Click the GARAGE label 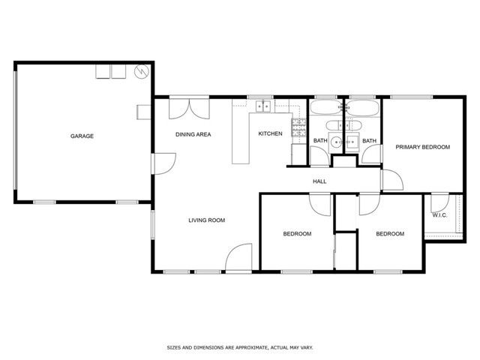point(82,136)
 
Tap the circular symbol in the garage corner point(140,72)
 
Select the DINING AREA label point(193,134)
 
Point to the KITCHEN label point(270,133)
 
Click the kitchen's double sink point(263,106)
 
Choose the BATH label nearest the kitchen point(320,140)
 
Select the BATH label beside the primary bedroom point(369,140)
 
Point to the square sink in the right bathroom point(353,140)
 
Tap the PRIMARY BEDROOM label point(423,147)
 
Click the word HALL point(319,181)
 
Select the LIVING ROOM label point(206,220)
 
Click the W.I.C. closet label point(439,216)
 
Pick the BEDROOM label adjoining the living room point(297,234)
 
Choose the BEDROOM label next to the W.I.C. point(390,234)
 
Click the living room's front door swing point(239,259)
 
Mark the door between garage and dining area point(162,163)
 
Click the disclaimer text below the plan point(240,348)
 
